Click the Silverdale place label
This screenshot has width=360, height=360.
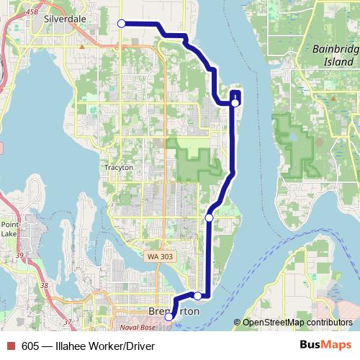70,19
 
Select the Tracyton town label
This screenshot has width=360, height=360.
119,167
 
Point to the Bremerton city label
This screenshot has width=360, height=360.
173,310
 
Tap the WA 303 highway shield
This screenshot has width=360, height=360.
159,256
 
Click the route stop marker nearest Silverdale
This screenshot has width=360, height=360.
122,24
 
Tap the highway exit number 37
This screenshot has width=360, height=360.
68,321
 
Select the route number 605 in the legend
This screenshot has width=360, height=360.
30,346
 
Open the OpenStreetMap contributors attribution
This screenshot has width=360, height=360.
297,323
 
